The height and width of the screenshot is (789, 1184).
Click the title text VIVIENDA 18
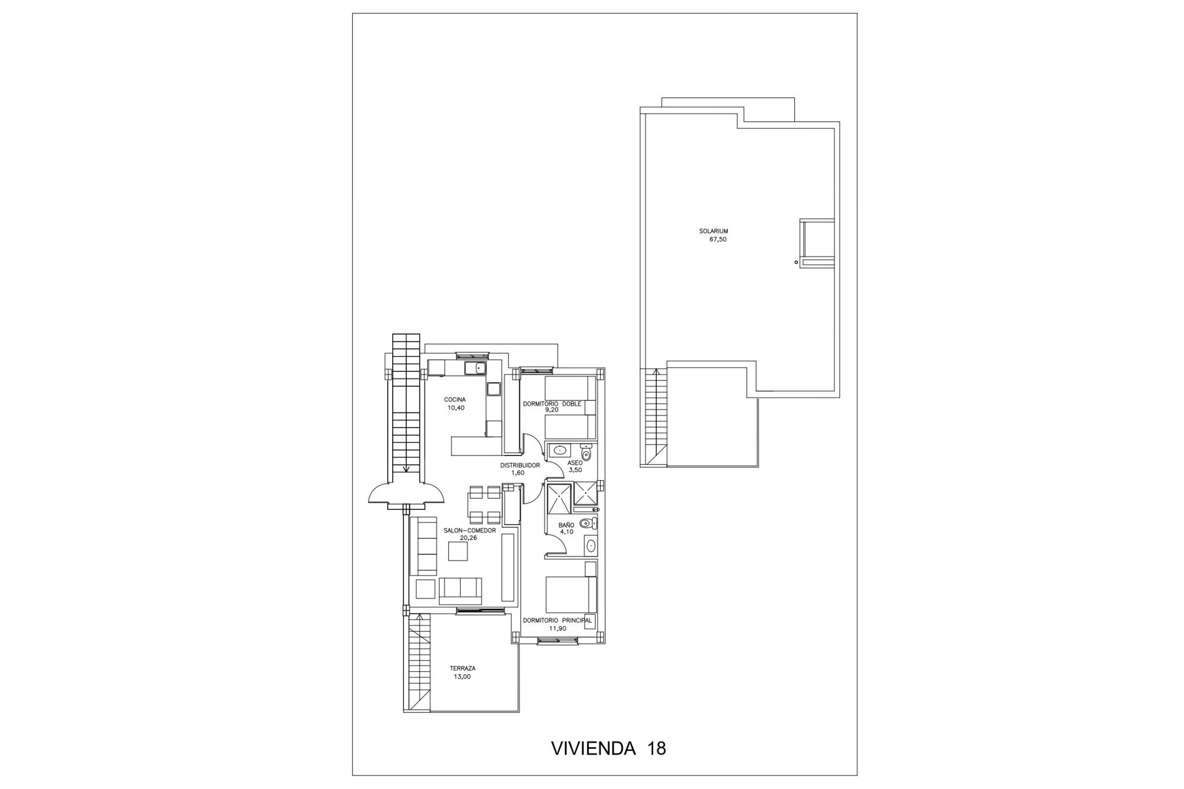[x=607, y=748]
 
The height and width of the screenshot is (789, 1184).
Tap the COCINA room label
[x=455, y=399]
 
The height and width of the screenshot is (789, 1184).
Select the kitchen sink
[x=475, y=368]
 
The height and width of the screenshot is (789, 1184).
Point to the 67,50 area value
[x=718, y=239]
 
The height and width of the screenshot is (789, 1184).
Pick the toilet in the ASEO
[x=587, y=452]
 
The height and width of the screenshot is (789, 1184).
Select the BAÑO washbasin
[x=591, y=545]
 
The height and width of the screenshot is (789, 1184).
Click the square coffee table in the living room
[x=458, y=552]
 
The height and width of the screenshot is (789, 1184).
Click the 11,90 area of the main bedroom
[x=557, y=628]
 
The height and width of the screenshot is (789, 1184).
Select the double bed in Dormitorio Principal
[x=572, y=592]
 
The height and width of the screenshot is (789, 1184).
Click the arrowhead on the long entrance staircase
[x=406, y=468]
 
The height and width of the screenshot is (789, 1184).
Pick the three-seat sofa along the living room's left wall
[x=424, y=546]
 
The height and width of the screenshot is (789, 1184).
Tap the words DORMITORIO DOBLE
[x=553, y=404]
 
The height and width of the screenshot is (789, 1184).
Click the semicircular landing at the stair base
[x=406, y=494]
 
